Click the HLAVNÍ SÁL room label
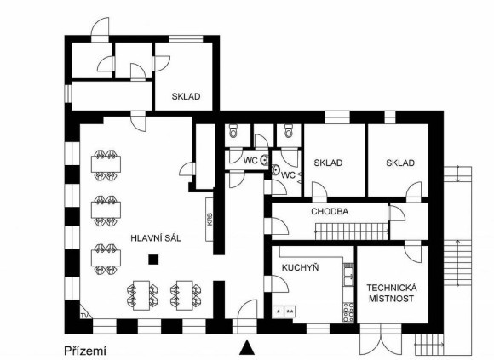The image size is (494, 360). (156, 238)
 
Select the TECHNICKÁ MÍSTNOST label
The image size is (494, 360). (391, 293)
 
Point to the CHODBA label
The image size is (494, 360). (330, 211)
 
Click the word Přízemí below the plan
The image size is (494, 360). (85, 351)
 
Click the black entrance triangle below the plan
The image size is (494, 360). (247, 346)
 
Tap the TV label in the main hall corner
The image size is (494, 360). (83, 315)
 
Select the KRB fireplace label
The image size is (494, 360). (210, 220)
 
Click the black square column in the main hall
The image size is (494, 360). (153, 260)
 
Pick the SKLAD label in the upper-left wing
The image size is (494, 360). (186, 96)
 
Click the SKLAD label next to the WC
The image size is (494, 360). (328, 163)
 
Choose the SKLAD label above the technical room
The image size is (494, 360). (400, 163)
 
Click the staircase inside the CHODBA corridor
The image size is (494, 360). (352, 231)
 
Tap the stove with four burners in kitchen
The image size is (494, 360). (348, 311)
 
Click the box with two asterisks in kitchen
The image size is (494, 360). (290, 311)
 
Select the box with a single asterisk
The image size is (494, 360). (279, 311)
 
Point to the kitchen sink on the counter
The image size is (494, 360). (348, 277)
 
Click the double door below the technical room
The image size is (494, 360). (381, 340)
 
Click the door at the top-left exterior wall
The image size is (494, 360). (101, 29)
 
